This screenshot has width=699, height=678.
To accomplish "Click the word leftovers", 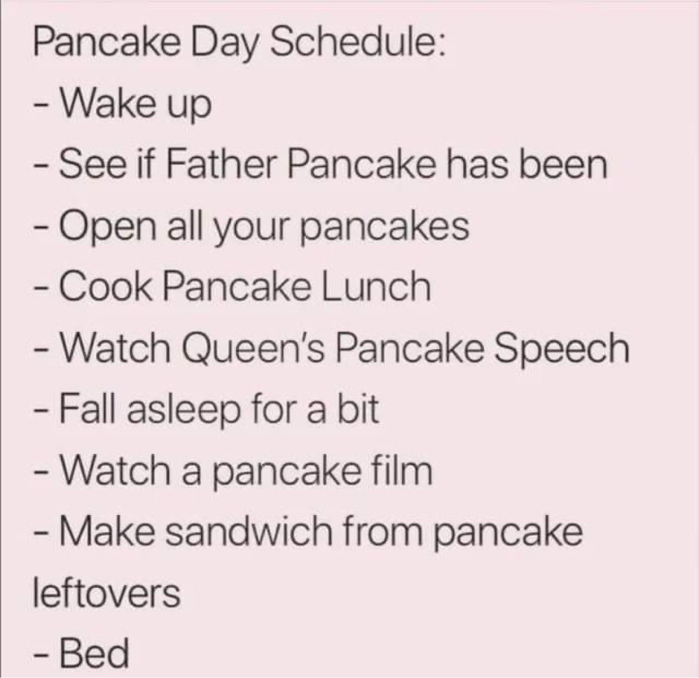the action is point(107,593).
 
